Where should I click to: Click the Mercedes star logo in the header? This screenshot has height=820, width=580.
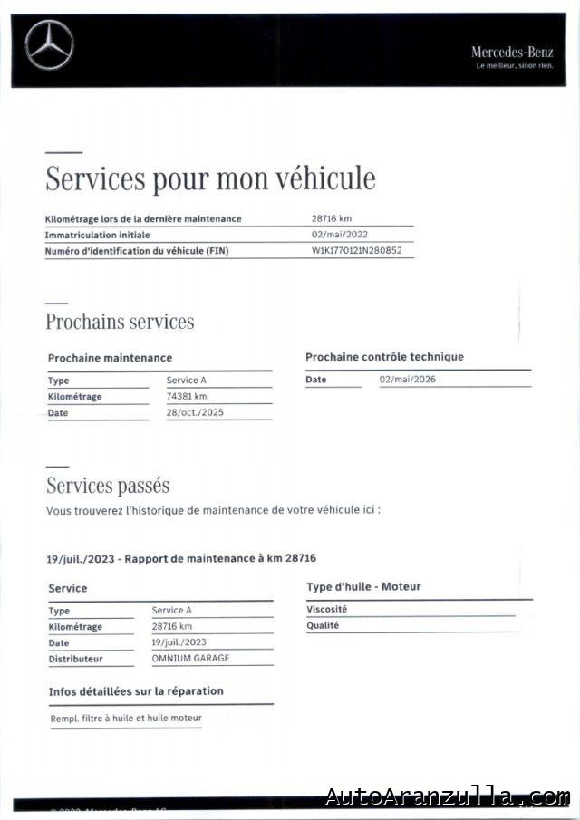pyautogui.click(x=49, y=45)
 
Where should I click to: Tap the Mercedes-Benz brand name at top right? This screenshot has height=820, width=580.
pyautogui.click(x=511, y=53)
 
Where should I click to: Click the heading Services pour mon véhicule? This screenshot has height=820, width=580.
pyautogui.click(x=210, y=178)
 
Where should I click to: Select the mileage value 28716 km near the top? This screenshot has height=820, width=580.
pyautogui.click(x=331, y=218)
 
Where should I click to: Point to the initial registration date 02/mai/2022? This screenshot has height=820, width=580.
pyautogui.click(x=339, y=235)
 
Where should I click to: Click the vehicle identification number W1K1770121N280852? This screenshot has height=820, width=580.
pyautogui.click(x=356, y=251)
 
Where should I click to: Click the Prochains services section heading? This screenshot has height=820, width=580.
pyautogui.click(x=120, y=322)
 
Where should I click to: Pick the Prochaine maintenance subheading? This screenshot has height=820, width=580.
pyautogui.click(x=110, y=358)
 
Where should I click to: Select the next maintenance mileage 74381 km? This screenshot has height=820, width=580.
pyautogui.click(x=187, y=396)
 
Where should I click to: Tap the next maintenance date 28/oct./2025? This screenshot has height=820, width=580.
pyautogui.click(x=194, y=412)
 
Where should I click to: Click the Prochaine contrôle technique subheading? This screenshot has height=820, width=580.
pyautogui.click(x=384, y=357)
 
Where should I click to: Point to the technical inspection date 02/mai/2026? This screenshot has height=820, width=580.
pyautogui.click(x=407, y=379)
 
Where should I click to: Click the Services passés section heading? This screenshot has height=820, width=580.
pyautogui.click(x=108, y=486)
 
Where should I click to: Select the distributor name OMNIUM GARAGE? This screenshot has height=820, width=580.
pyautogui.click(x=190, y=659)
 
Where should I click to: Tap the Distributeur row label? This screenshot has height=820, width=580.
pyautogui.click(x=75, y=659)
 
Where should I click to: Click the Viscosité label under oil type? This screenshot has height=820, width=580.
pyautogui.click(x=326, y=610)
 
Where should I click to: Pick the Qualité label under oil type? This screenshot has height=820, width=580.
pyautogui.click(x=323, y=625)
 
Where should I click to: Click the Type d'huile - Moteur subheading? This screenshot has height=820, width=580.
pyautogui.click(x=363, y=587)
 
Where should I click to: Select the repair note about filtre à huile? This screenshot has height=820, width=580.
pyautogui.click(x=126, y=719)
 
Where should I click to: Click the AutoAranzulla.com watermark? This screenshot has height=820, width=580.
pyautogui.click(x=448, y=796)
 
